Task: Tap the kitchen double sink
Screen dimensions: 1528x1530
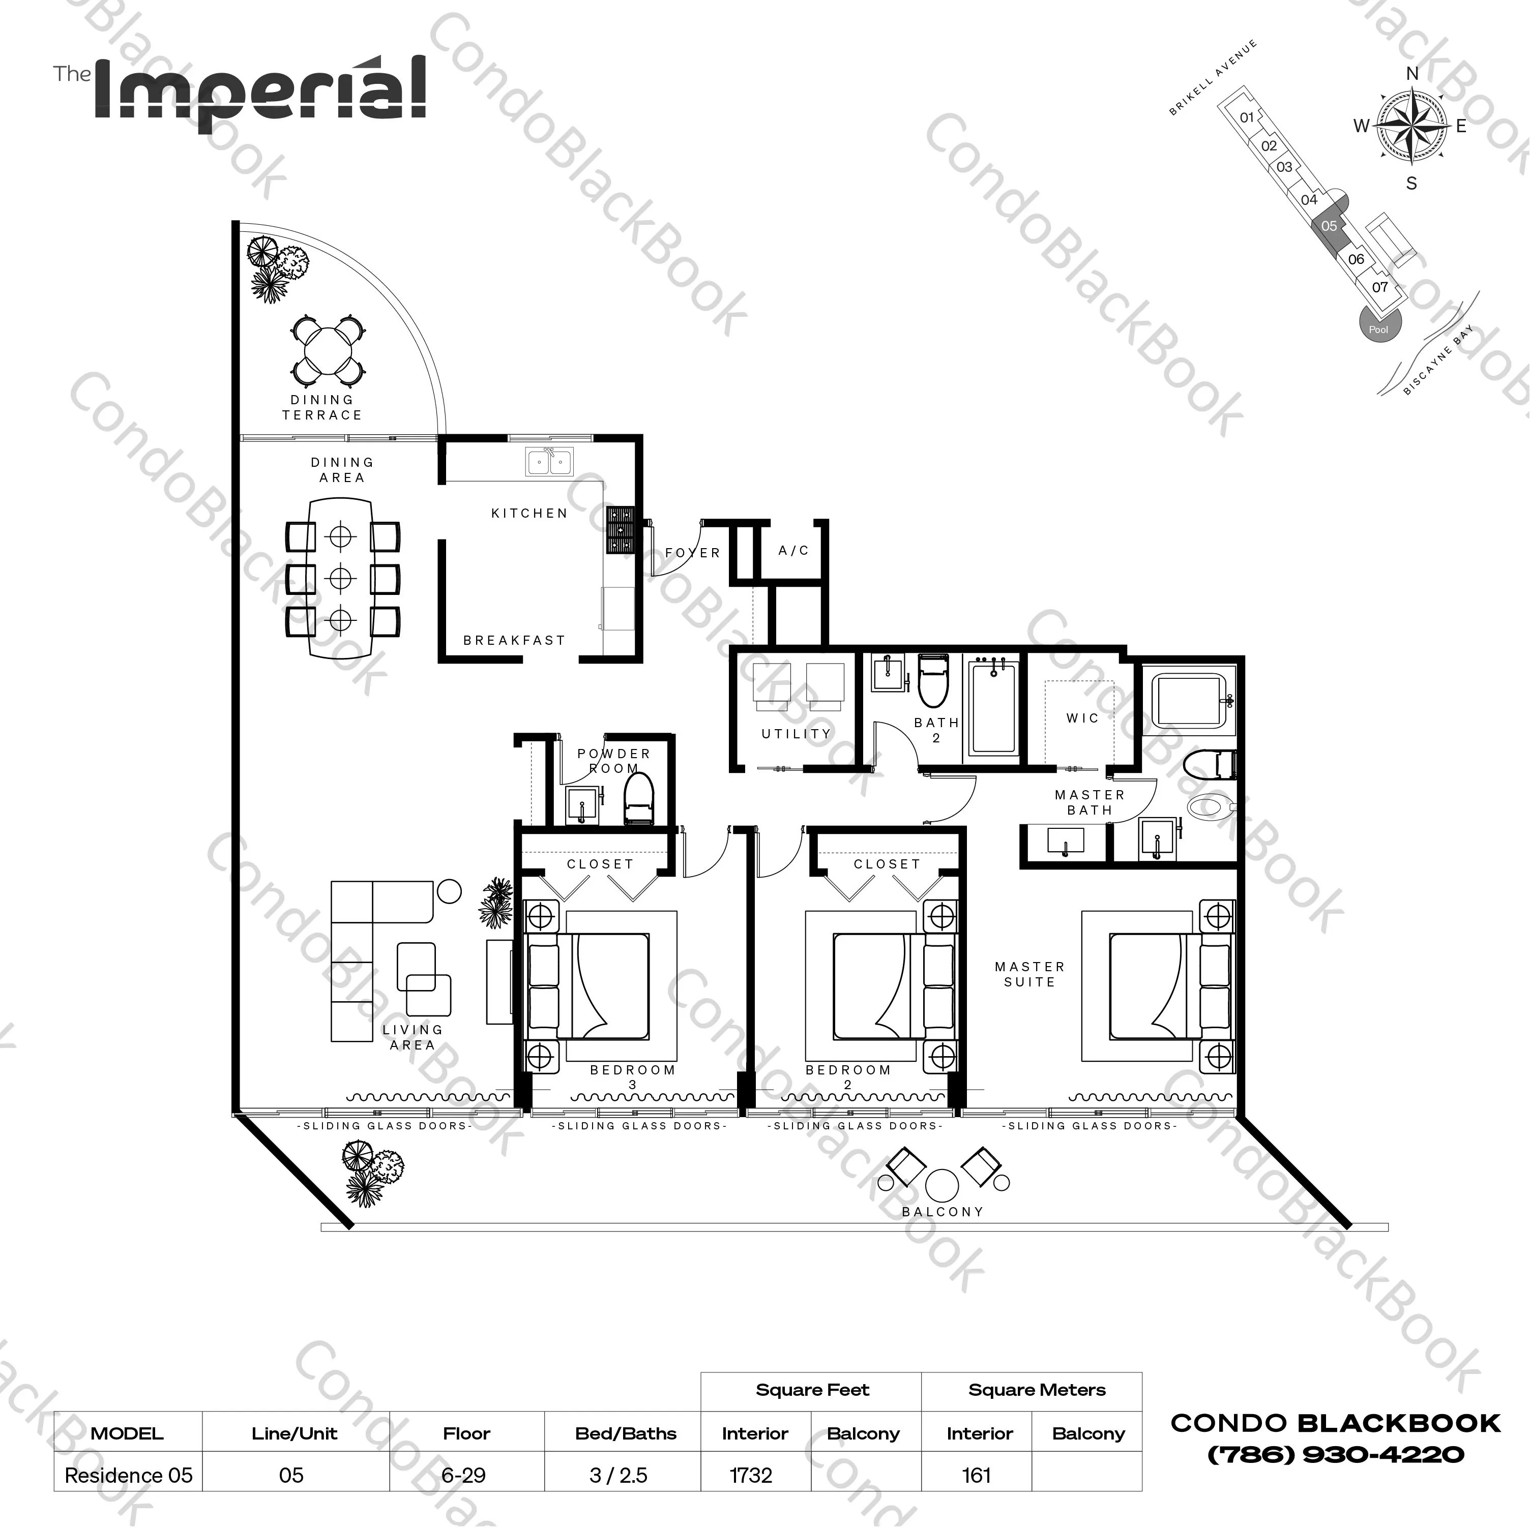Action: click(549, 462)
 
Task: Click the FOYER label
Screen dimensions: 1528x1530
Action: click(693, 553)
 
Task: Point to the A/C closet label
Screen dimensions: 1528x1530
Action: click(793, 550)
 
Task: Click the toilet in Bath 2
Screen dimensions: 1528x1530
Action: click(933, 681)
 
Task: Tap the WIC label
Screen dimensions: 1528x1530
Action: click(1082, 718)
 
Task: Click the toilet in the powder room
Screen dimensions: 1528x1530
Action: click(638, 800)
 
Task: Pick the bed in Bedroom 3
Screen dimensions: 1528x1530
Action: click(602, 985)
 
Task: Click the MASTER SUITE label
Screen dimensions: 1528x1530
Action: click(1029, 974)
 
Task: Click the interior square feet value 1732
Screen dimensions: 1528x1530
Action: click(751, 1475)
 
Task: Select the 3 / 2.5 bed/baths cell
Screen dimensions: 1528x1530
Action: click(619, 1475)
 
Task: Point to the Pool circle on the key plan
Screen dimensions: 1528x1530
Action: click(1378, 324)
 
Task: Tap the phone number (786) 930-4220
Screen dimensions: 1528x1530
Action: click(1335, 1454)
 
